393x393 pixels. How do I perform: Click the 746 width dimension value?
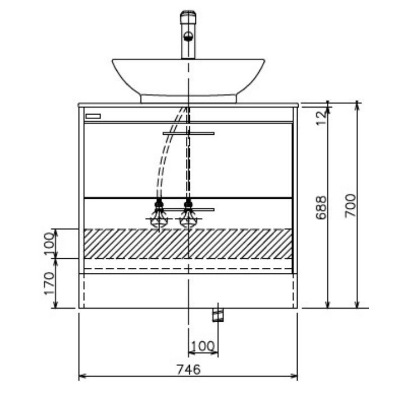click(189, 369)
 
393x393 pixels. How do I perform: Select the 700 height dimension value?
click(350, 205)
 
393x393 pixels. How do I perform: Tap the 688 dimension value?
click(321, 208)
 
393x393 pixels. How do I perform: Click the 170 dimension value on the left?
click(49, 284)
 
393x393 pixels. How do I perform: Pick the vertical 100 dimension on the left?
click(49, 243)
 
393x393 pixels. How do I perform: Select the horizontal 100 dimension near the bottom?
click(203, 346)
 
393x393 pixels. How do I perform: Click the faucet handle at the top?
click(188, 17)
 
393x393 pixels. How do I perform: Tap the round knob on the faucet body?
click(188, 36)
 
